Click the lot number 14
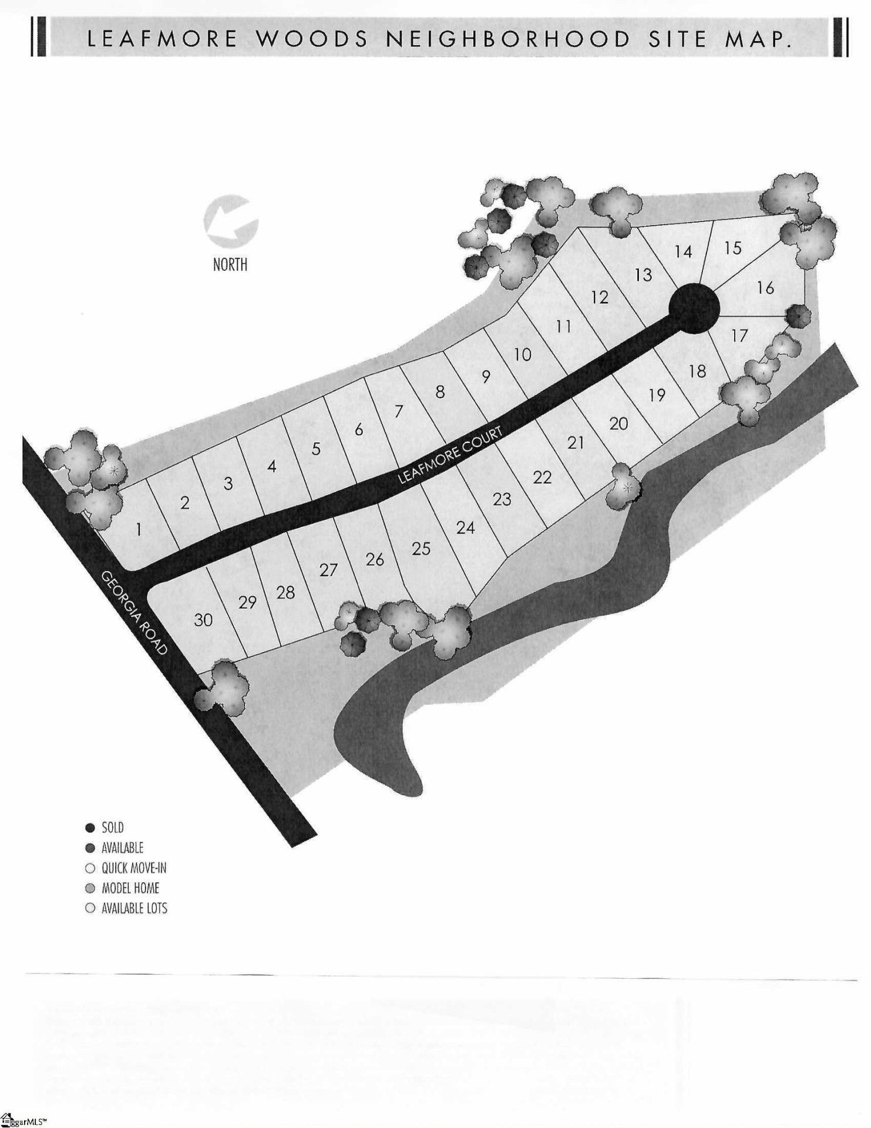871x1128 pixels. [x=683, y=252]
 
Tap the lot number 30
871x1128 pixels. [x=203, y=620]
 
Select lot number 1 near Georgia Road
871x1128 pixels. [x=139, y=530]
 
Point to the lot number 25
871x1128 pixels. [x=421, y=549]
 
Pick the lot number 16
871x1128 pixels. [x=765, y=288]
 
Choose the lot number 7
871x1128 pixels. [x=399, y=412]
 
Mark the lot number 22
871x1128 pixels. [x=542, y=477]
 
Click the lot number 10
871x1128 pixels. [x=522, y=355]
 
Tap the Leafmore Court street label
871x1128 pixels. [x=450, y=455]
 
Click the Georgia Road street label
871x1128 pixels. [x=134, y=613]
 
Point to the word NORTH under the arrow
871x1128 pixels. [x=230, y=265]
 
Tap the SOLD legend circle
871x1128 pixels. [x=90, y=828]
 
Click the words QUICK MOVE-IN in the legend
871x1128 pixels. [x=134, y=868]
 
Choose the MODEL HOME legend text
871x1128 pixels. [x=130, y=888]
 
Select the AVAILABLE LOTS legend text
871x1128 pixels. [x=134, y=908]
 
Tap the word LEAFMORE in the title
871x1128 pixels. [x=162, y=39]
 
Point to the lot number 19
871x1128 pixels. [x=657, y=395]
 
